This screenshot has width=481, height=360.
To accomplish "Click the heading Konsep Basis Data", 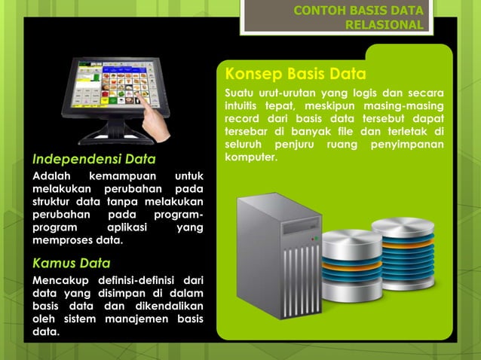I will tap(296, 75).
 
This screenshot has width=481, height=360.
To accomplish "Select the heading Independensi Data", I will tap(93, 159).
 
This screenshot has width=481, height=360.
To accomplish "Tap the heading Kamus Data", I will tap(71, 263).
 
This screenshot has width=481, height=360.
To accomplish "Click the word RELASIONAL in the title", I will tap(384, 24).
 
